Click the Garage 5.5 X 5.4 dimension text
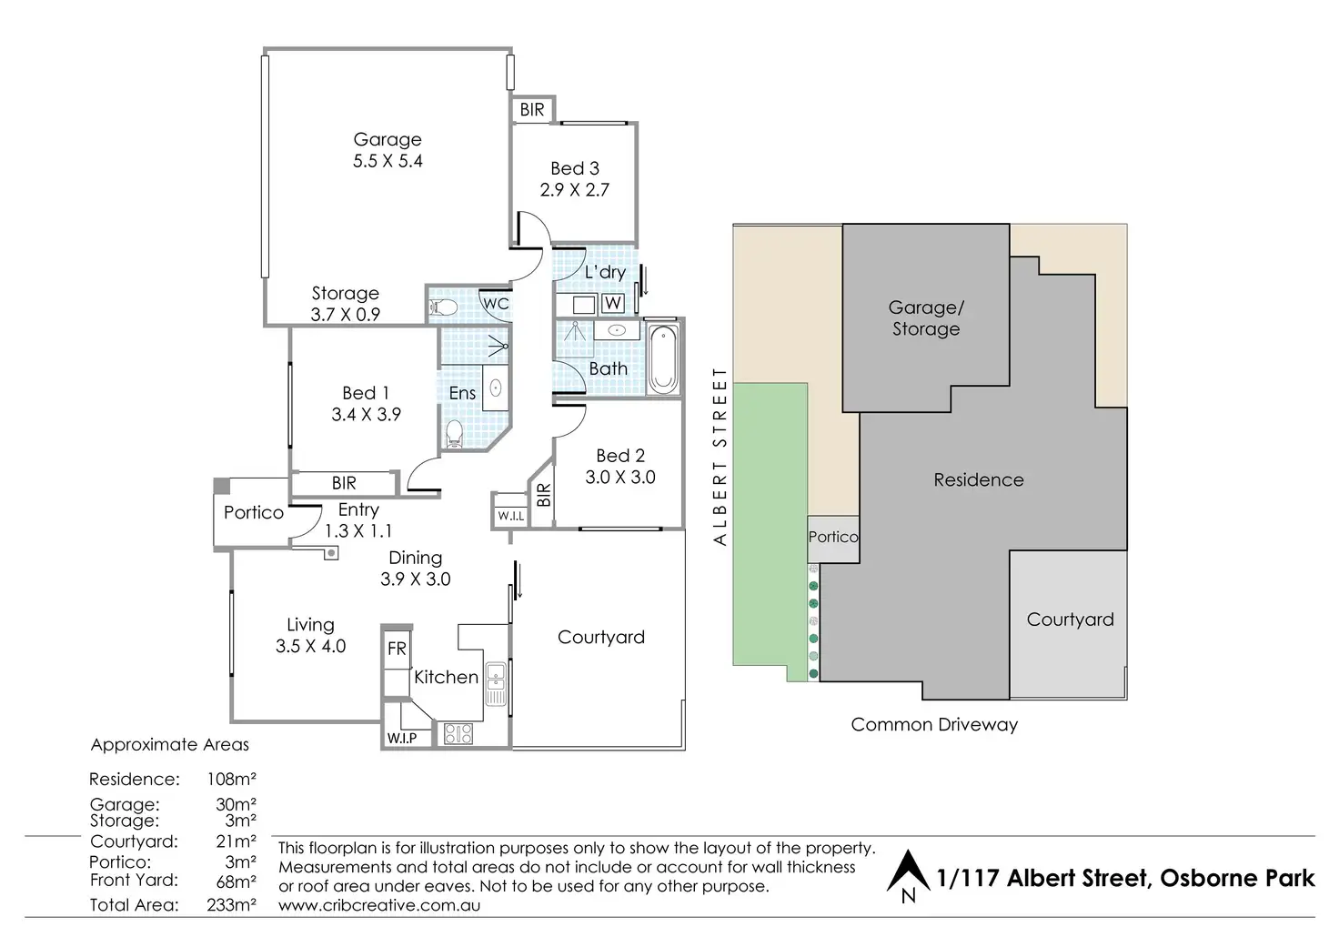[388, 161]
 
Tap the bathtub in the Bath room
[663, 358]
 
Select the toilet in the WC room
[443, 307]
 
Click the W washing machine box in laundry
[613, 303]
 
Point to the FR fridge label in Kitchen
[397, 649]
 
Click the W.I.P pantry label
[402, 738]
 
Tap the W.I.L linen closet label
[511, 516]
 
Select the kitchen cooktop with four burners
[458, 733]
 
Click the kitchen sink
[496, 683]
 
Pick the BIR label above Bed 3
[532, 109]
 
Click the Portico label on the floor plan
[254, 512]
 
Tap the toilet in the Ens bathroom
[454, 433]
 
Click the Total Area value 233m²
[231, 904]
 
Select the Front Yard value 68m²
[237, 880]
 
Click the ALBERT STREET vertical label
[720, 456]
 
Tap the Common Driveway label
[934, 725]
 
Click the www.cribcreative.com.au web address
[379, 905]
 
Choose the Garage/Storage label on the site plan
[926, 318]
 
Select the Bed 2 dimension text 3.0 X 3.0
[619, 477]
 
